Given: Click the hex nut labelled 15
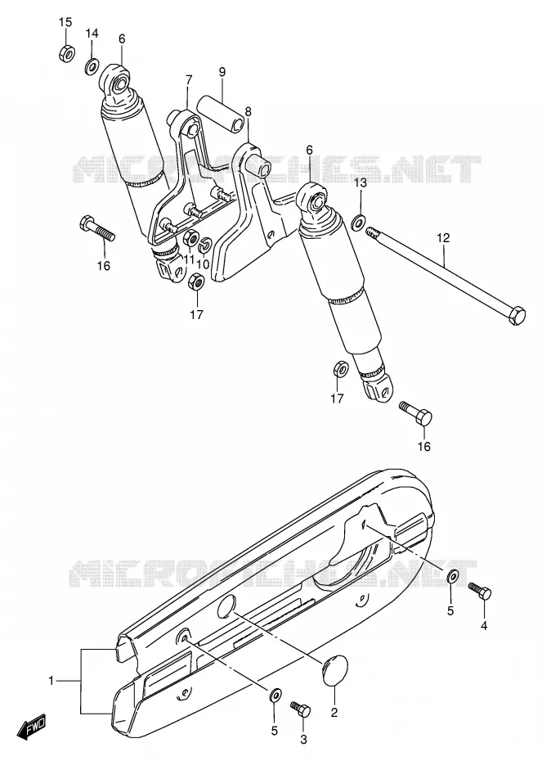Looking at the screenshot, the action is tap(66, 52).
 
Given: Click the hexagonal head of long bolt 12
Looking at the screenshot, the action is tap(516, 316).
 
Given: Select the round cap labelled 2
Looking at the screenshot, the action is tap(334, 670).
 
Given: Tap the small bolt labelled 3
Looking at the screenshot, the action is tap(301, 709).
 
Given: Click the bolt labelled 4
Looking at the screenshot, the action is tap(479, 591).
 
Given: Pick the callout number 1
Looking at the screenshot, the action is tap(52, 681).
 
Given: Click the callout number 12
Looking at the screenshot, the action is tap(443, 238).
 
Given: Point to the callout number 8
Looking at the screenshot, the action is tap(249, 111).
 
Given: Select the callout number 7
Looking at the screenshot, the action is tap(189, 79).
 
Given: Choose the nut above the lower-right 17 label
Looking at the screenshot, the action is tap(340, 369).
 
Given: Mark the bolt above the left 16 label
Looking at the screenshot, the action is tap(97, 228).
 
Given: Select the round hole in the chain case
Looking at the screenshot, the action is tap(226, 606).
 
